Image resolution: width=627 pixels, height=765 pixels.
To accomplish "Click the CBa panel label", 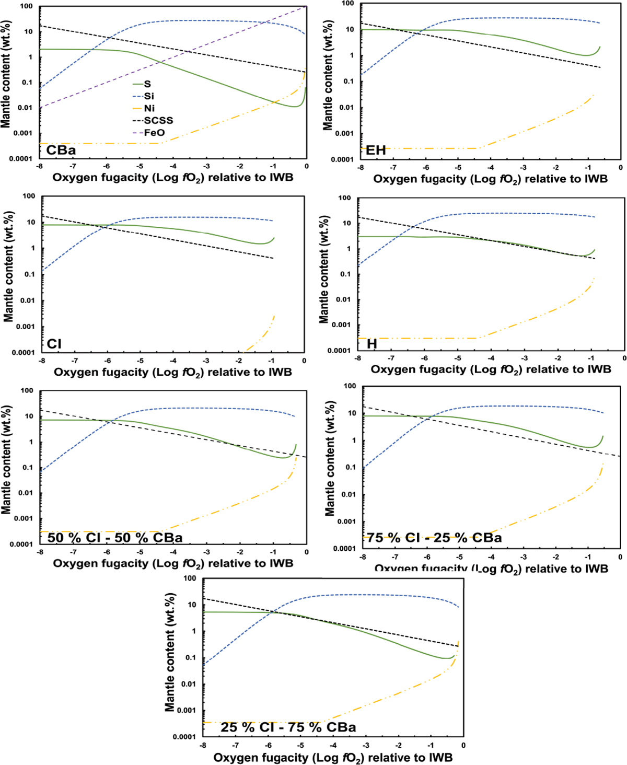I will pyautogui.click(x=61, y=150).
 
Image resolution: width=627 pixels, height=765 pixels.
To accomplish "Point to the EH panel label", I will pyautogui.click(x=376, y=150).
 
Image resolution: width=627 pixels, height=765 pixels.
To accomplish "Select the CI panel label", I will pyautogui.click(x=54, y=344).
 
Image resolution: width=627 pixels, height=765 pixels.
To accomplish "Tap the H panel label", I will pyautogui.click(x=371, y=344).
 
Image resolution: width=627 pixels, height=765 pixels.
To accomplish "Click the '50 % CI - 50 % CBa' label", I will pyautogui.click(x=115, y=538).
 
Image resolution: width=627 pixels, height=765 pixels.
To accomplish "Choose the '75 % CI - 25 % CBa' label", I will pyautogui.click(x=434, y=538).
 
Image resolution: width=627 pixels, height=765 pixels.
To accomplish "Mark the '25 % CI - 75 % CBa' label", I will pyautogui.click(x=288, y=727).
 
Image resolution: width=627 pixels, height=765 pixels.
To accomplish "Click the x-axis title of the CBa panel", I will pyautogui.click(x=173, y=178).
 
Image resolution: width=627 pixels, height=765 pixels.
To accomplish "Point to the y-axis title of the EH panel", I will pyautogui.click(x=328, y=75).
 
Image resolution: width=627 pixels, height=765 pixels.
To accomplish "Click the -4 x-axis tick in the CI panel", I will pyautogui.click(x=173, y=361).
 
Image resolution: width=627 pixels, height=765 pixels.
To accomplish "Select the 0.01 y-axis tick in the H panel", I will pyautogui.click(x=343, y=299).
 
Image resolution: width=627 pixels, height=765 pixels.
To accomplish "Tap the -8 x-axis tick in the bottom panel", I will pyautogui.click(x=203, y=746).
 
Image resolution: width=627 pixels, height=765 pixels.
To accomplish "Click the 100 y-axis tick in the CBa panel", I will pyautogui.click(x=26, y=7).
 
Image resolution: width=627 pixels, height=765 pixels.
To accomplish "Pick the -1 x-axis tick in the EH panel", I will pyautogui.click(x=588, y=168).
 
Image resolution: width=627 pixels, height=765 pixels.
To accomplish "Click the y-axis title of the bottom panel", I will pyautogui.click(x=170, y=652).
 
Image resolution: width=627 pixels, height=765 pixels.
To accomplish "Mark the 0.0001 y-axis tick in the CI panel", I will pyautogui.click(x=24, y=353).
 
